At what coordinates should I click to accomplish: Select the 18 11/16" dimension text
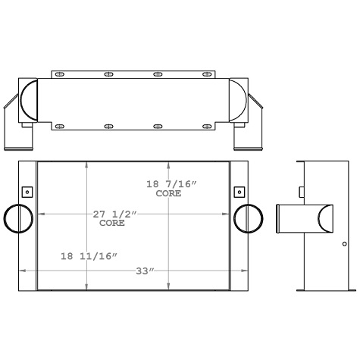point(89,257)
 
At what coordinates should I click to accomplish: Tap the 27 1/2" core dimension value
point(113,214)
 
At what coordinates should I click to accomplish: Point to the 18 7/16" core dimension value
point(171,184)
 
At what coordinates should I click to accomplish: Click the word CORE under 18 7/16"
point(168,194)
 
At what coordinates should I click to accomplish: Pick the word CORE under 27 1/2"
point(111,224)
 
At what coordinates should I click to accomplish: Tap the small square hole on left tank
point(27,191)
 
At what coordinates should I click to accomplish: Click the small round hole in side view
point(344,244)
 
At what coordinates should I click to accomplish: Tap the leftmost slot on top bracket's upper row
point(59,74)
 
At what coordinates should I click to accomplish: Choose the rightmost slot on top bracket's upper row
point(206,74)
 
